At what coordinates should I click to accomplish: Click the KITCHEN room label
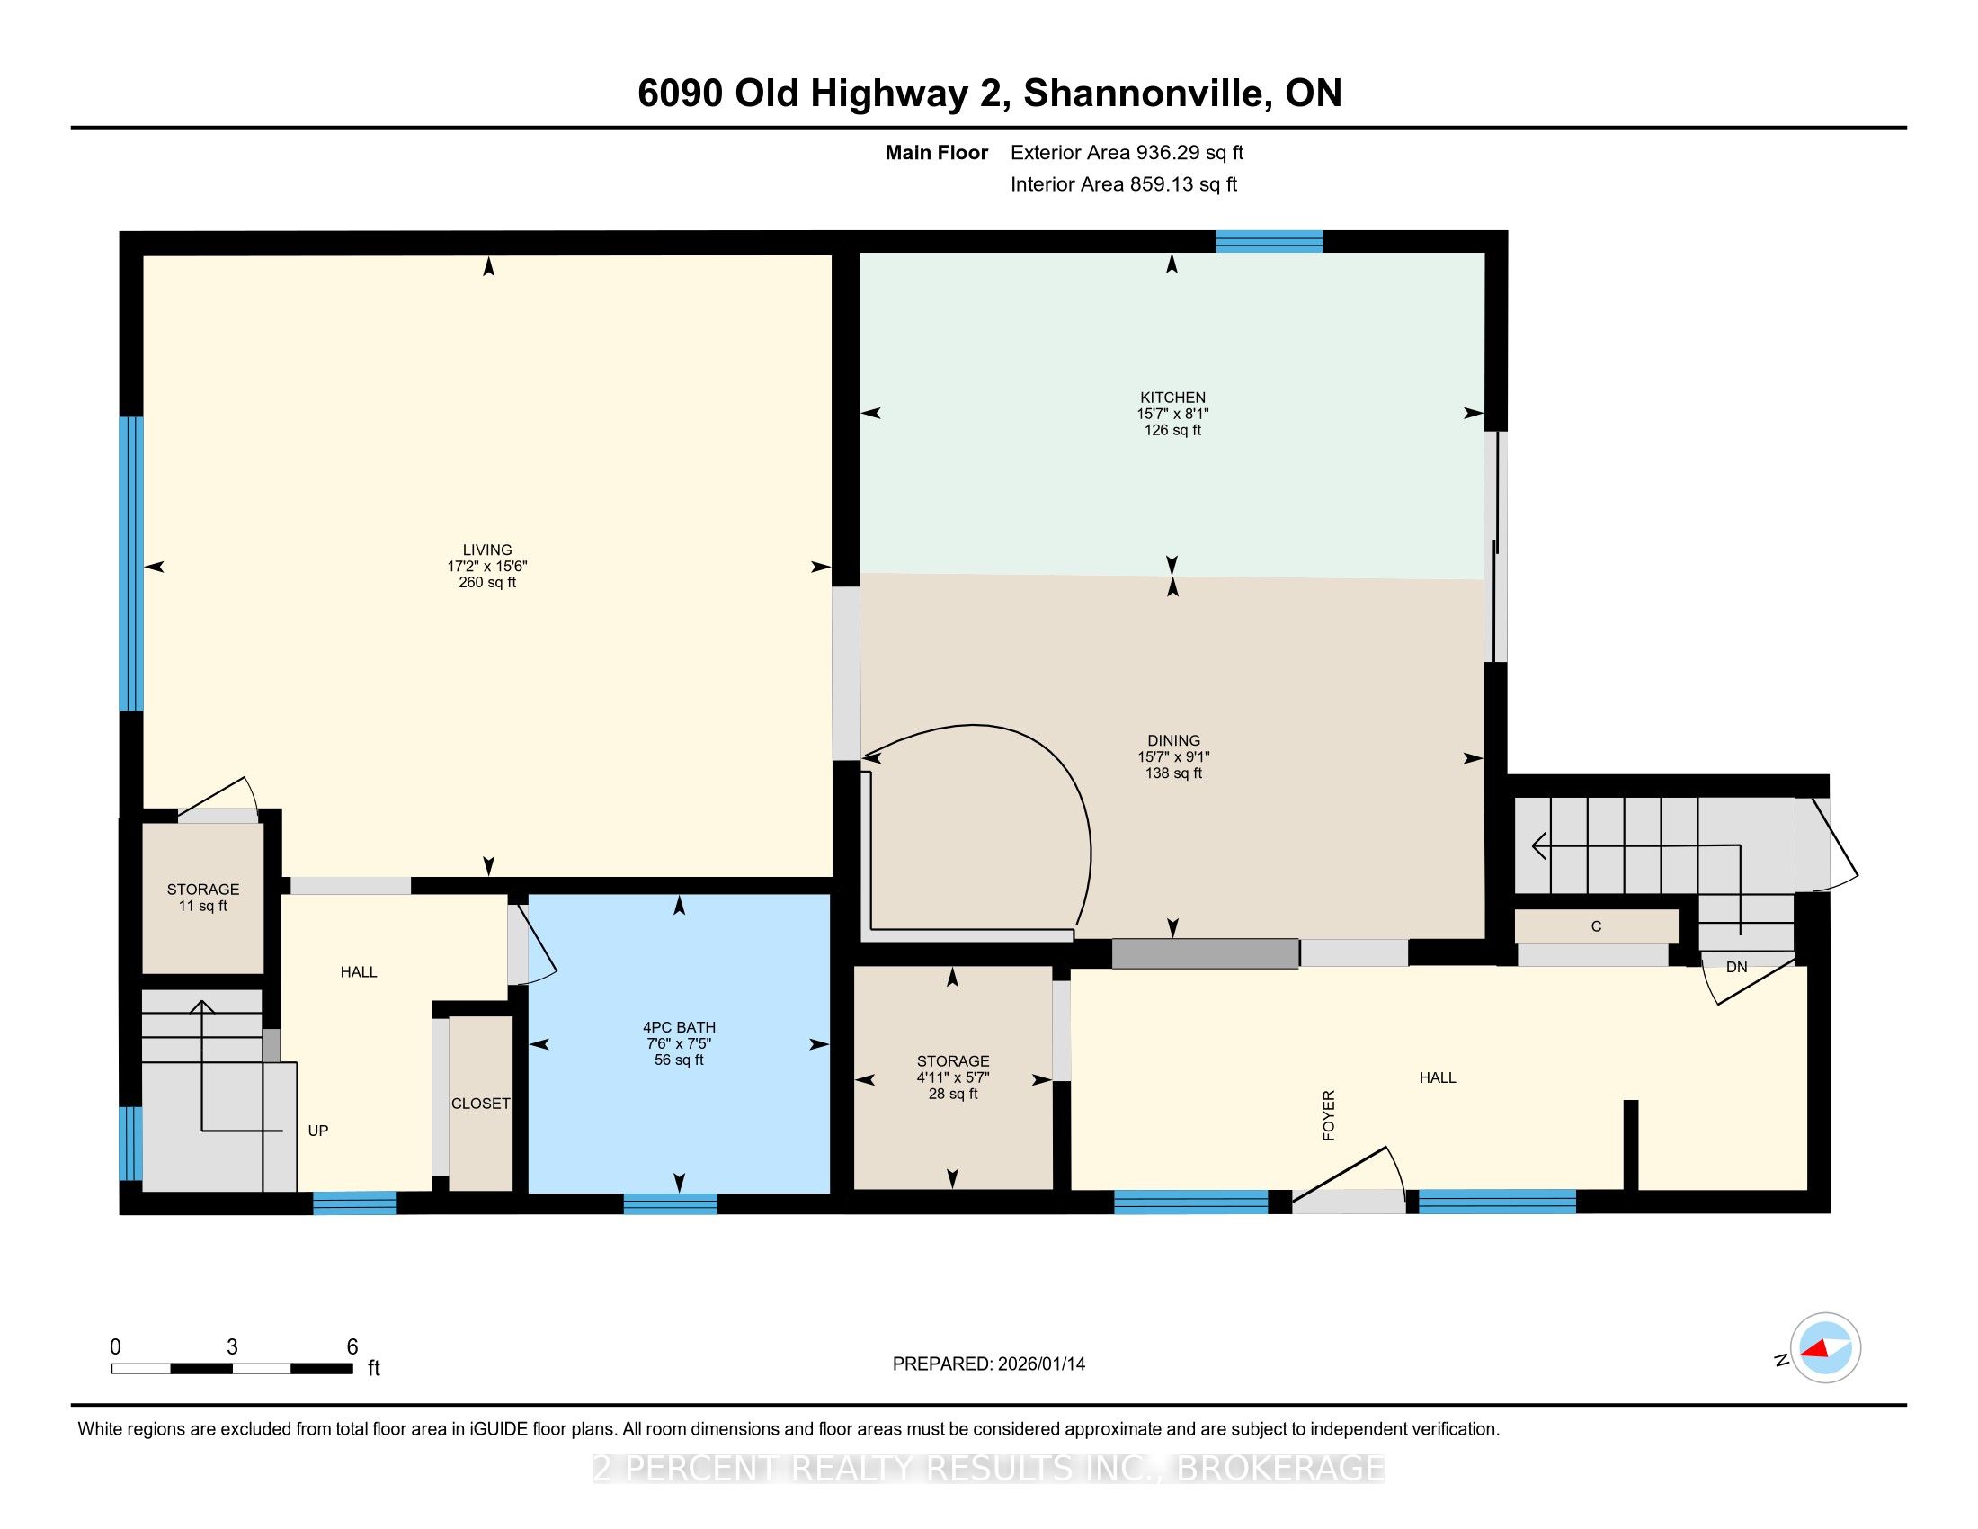click(x=1172, y=398)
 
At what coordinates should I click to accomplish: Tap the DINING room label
click(x=1173, y=741)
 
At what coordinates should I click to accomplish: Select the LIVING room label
click(x=487, y=550)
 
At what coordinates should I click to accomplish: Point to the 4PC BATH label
click(x=679, y=1027)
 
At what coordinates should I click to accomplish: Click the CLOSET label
click(x=481, y=1104)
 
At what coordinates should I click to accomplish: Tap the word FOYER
click(x=1329, y=1115)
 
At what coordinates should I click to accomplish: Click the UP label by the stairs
click(x=318, y=1131)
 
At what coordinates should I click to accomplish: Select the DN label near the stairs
click(x=1736, y=968)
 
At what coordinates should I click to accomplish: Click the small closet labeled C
click(x=1596, y=926)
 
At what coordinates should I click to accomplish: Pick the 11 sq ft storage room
click(x=203, y=898)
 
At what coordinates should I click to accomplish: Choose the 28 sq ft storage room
click(x=953, y=1077)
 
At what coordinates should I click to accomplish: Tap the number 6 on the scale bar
click(x=352, y=1347)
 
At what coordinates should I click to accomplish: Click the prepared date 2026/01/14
click(x=1040, y=1364)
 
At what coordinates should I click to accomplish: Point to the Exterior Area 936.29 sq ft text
click(x=1127, y=153)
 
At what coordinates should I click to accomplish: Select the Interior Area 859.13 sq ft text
click(x=1124, y=184)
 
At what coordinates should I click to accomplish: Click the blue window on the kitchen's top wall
click(x=1269, y=241)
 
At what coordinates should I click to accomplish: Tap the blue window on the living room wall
click(x=132, y=563)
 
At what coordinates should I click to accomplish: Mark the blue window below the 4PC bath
click(x=670, y=1203)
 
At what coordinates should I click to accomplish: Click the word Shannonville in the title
click(x=1143, y=94)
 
